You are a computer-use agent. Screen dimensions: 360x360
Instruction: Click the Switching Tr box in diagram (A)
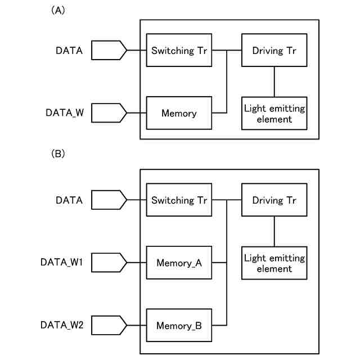(x=179, y=51)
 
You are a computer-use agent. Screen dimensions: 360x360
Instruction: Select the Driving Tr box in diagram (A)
(x=274, y=51)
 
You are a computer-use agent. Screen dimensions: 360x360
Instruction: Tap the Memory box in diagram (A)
(x=179, y=113)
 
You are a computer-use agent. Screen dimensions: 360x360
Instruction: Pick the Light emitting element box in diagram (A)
(x=274, y=113)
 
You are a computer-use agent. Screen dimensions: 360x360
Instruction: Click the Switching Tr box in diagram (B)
(x=179, y=200)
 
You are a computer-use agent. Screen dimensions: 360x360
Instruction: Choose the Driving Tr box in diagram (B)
(x=274, y=200)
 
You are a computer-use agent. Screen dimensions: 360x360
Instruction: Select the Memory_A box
(x=179, y=263)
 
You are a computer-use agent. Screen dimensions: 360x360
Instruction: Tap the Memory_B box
(x=179, y=325)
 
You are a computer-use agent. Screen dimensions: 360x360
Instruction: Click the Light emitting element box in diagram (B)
(x=274, y=263)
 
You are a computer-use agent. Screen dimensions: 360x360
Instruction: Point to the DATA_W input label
(x=64, y=113)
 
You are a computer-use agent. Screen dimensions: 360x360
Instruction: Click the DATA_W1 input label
(x=61, y=263)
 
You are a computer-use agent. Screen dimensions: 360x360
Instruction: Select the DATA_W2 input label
(x=61, y=325)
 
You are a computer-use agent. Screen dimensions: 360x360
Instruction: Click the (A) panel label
(x=58, y=10)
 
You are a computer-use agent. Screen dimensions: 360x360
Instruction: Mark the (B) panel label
(x=58, y=153)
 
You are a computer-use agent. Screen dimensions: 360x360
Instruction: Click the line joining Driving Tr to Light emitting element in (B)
(x=274, y=231)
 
